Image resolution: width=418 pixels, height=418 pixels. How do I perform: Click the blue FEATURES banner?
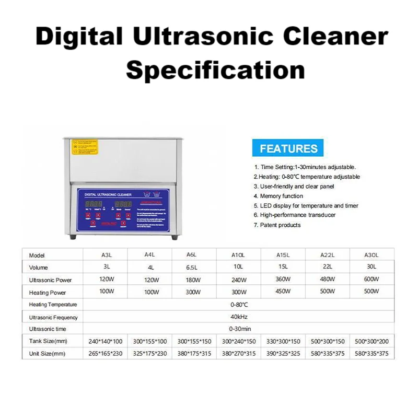click(x=288, y=148)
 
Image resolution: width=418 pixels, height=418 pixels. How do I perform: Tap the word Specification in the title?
click(x=215, y=69)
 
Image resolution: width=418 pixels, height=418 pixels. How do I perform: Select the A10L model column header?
click(x=238, y=255)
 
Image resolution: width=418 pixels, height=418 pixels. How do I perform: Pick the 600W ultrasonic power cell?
click(x=372, y=279)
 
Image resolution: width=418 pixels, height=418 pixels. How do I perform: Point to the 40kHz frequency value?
click(x=238, y=317)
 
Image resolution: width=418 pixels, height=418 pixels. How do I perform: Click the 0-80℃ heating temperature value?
click(x=238, y=304)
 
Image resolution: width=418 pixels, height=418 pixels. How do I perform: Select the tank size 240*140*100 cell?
click(x=106, y=341)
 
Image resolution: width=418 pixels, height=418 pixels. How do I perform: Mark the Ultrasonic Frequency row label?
click(x=53, y=317)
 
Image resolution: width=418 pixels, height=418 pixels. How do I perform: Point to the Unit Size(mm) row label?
click(x=48, y=354)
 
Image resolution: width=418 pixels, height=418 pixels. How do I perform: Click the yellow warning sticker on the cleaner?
click(x=85, y=146)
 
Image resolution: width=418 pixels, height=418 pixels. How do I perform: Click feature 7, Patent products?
click(x=277, y=225)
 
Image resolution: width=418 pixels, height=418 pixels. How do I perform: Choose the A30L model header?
click(x=372, y=255)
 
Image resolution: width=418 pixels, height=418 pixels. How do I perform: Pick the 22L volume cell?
click(x=328, y=267)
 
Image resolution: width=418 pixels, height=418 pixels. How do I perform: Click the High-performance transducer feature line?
click(x=294, y=215)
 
